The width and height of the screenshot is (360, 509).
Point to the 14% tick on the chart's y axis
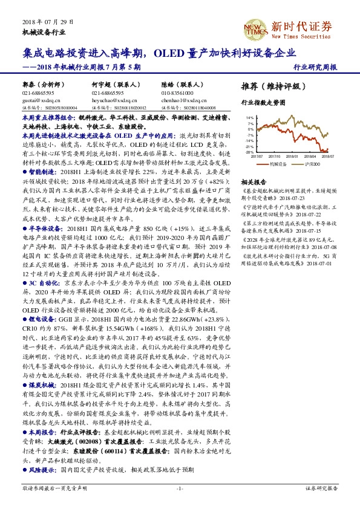pyautogui.click(x=250, y=118)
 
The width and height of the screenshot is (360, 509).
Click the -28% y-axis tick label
pyautogui.click(x=250, y=152)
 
